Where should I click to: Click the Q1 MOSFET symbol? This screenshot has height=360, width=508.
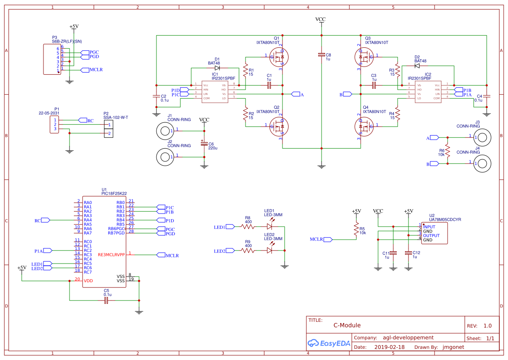(279, 56)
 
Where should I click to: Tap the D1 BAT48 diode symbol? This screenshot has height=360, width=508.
(217, 68)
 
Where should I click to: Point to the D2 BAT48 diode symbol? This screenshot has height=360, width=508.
(417, 66)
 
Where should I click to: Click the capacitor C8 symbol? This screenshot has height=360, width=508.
(321, 55)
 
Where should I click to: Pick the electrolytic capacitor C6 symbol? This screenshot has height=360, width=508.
(204, 144)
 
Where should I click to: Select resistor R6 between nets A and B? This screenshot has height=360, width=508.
(448, 151)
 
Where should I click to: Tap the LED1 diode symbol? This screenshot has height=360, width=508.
(269, 227)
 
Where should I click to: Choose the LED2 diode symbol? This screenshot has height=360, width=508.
(269, 250)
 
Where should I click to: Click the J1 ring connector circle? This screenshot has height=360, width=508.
(165, 130)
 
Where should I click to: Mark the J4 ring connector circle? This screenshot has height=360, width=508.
(483, 163)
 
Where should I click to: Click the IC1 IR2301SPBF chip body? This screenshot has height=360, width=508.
(215, 91)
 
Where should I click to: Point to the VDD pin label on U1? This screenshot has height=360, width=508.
(88, 281)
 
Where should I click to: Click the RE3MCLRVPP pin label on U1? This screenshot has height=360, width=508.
(111, 255)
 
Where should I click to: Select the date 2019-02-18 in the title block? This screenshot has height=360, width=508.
(389, 347)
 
